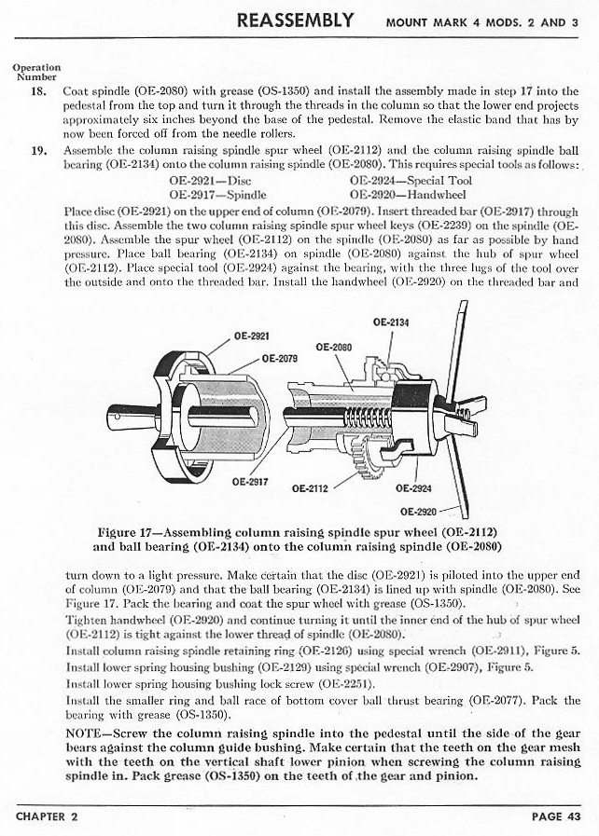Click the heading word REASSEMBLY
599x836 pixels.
(x=295, y=20)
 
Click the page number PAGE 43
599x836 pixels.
(x=557, y=817)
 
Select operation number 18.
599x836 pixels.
(x=40, y=92)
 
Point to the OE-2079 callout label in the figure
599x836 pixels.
(x=280, y=357)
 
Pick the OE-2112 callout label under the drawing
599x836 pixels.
(x=310, y=487)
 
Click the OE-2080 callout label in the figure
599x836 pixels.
(x=334, y=348)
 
